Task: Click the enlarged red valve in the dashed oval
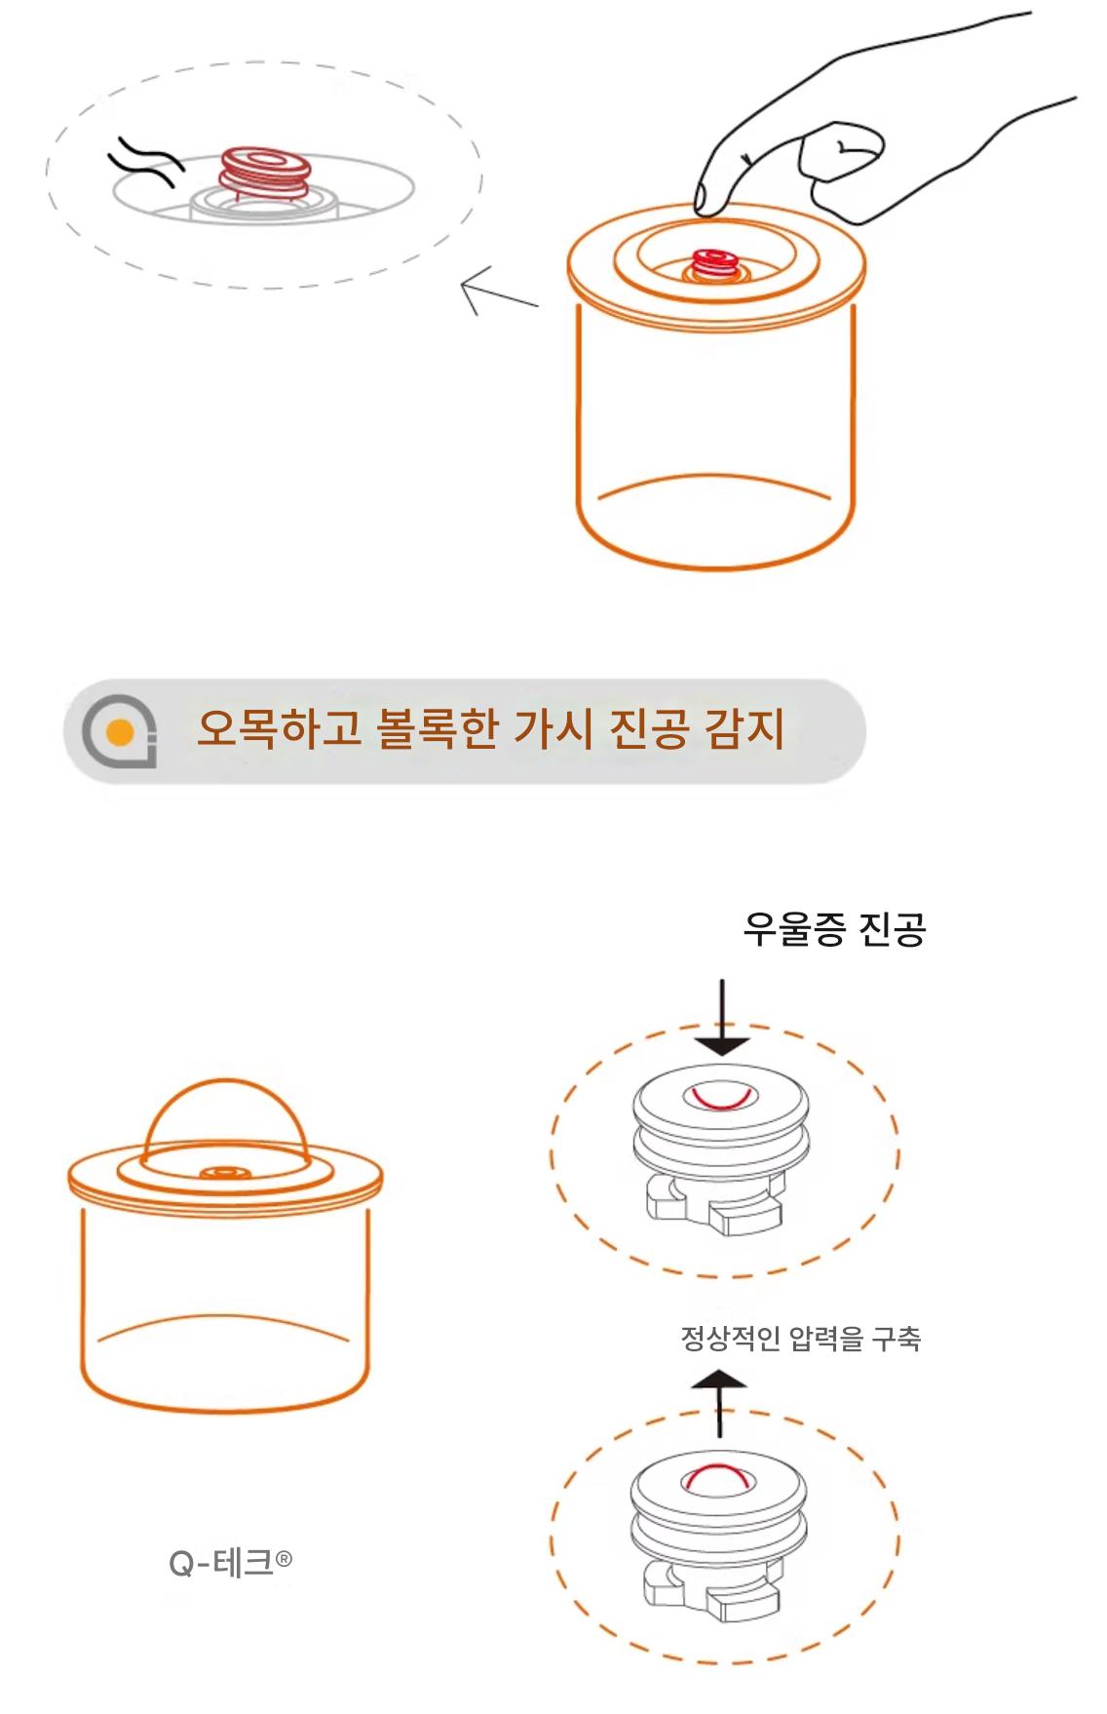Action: (263, 171)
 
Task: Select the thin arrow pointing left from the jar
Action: (498, 293)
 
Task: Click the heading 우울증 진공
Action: (834, 929)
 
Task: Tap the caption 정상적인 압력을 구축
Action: (800, 1338)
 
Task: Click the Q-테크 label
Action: (230, 1563)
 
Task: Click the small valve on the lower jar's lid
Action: (225, 1174)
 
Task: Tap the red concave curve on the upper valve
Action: (720, 1099)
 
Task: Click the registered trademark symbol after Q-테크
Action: (284, 1558)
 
